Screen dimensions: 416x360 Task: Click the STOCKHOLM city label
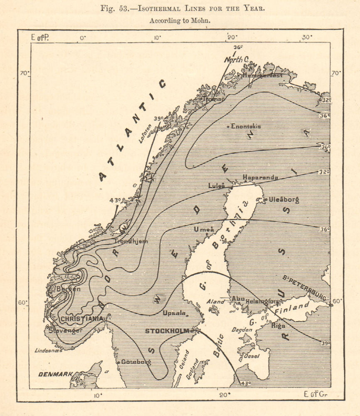(x=167, y=331)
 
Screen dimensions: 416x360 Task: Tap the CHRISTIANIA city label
(x=82, y=318)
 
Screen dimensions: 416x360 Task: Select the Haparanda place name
(x=260, y=177)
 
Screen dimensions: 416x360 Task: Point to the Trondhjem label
(x=131, y=241)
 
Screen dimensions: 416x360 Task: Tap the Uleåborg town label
(x=284, y=200)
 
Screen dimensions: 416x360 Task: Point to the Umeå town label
(x=204, y=230)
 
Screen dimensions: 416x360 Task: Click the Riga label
(x=278, y=326)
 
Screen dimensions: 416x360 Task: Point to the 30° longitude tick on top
(x=307, y=38)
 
